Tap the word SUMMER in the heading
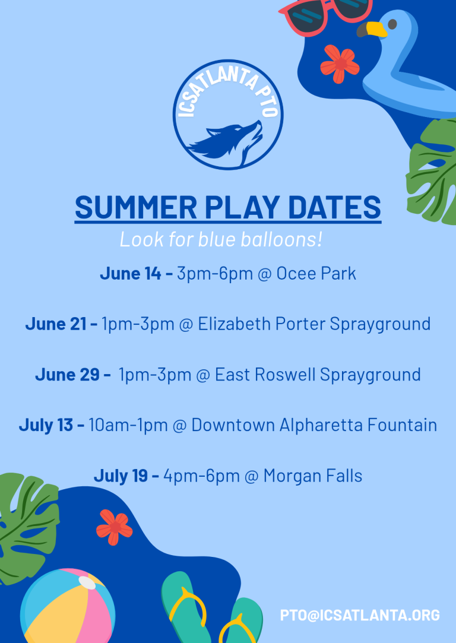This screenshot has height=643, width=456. (136, 207)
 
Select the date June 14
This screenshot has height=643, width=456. (131, 274)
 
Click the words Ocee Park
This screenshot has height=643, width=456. (316, 274)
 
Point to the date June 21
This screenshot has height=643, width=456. (56, 324)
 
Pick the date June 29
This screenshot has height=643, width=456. (67, 375)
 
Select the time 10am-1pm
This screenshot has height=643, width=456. (128, 425)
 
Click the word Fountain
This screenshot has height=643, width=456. (402, 425)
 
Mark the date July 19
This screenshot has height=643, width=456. (121, 476)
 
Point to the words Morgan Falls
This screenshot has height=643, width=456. (313, 476)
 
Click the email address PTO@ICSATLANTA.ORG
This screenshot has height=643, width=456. (360, 615)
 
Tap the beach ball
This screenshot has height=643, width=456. (68, 606)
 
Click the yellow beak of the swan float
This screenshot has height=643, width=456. (373, 30)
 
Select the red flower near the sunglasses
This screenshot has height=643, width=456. (340, 64)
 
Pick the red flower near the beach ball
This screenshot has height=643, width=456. (115, 527)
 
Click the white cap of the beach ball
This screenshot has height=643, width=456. (87, 582)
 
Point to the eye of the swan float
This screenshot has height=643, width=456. (392, 24)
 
